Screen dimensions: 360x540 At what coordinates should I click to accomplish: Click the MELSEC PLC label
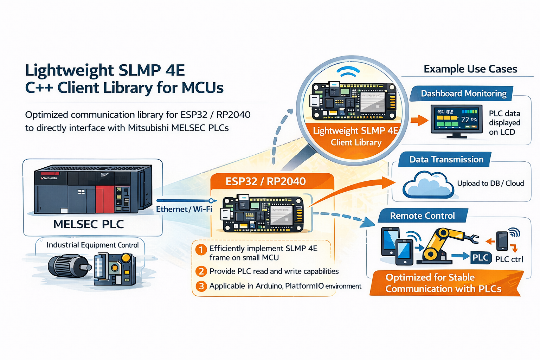(89, 224)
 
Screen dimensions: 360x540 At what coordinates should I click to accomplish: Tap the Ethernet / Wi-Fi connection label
(184, 209)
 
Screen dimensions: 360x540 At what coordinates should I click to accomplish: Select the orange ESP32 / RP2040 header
(266, 181)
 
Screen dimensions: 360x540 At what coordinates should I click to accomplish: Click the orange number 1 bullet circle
(201, 250)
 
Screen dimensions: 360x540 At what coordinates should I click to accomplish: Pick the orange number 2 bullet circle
(201, 271)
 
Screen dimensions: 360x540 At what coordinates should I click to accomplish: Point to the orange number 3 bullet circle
(201, 286)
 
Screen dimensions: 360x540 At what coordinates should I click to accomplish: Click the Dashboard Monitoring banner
(463, 94)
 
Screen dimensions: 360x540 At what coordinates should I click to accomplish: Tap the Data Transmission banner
(446, 160)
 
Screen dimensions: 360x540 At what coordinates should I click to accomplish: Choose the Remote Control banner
(422, 216)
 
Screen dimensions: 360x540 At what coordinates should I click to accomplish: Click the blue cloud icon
(428, 185)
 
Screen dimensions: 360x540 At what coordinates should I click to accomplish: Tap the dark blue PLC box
(480, 258)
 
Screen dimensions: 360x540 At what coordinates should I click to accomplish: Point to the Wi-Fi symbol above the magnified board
(348, 71)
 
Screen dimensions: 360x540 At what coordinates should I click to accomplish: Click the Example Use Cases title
(470, 69)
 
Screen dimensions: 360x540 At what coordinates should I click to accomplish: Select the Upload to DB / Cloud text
(490, 184)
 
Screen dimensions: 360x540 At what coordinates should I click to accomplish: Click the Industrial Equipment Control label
(92, 245)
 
